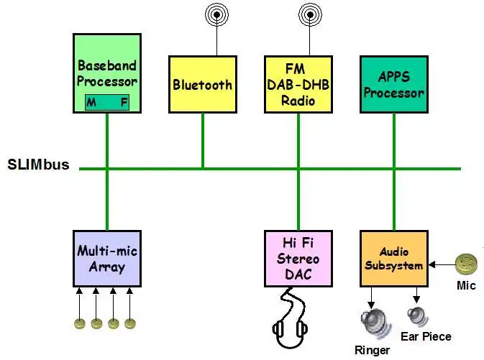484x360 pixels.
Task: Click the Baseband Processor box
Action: point(107,72)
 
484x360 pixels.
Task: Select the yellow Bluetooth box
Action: point(203,84)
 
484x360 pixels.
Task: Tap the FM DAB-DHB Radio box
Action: point(298,84)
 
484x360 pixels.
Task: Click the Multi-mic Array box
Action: point(107,258)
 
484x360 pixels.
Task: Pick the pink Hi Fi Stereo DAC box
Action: point(298,258)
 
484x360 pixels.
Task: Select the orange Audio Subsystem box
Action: point(394,259)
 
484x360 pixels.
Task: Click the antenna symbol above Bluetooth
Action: point(215,14)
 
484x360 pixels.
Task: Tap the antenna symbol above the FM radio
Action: point(311,14)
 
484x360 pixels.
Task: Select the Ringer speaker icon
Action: point(372,320)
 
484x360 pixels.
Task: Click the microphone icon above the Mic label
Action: point(467,264)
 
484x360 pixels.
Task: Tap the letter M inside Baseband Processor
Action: point(91,102)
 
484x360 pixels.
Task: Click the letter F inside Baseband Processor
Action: point(124,102)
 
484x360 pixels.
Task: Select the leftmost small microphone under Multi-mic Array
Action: point(80,323)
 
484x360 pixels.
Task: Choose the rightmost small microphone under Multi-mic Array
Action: point(129,323)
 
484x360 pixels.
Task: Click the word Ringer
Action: point(372,350)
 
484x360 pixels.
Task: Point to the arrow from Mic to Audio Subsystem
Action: point(442,264)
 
